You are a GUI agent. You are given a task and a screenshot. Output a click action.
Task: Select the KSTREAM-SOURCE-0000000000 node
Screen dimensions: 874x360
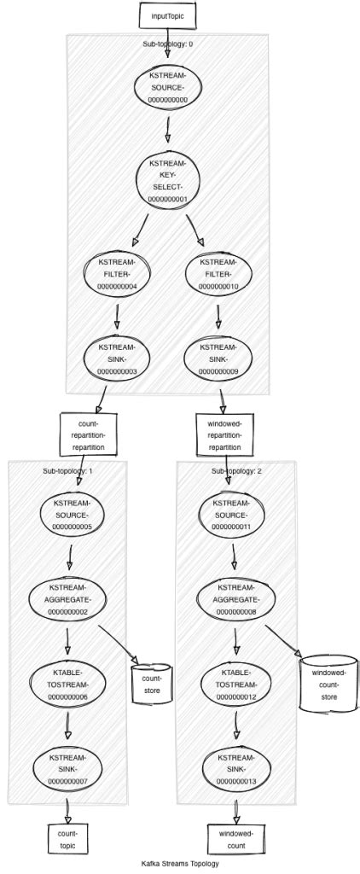pos(167,88)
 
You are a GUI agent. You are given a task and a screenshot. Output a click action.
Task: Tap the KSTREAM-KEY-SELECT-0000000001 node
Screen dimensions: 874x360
pos(167,181)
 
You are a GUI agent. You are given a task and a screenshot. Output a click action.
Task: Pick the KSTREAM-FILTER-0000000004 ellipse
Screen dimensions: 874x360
pos(118,274)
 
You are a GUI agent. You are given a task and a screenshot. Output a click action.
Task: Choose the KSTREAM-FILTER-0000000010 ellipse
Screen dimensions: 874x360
pos(218,274)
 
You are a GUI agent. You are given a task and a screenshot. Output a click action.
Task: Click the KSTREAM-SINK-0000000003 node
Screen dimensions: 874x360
pos(118,360)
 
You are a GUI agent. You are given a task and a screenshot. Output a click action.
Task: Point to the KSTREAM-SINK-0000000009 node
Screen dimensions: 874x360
pos(218,360)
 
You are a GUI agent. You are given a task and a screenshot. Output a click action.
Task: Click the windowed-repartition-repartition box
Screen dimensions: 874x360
pos(224,434)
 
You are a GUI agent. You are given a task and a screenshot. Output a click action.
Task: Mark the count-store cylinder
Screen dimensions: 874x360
pos(146,683)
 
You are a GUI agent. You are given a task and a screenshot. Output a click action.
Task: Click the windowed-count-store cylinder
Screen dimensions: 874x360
pos(329,685)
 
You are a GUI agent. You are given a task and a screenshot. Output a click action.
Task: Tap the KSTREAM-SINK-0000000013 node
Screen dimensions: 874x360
pos(235,769)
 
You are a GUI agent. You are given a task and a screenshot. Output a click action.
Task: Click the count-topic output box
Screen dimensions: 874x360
pos(67,838)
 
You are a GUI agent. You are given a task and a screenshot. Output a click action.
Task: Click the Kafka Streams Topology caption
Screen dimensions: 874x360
pos(180,863)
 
